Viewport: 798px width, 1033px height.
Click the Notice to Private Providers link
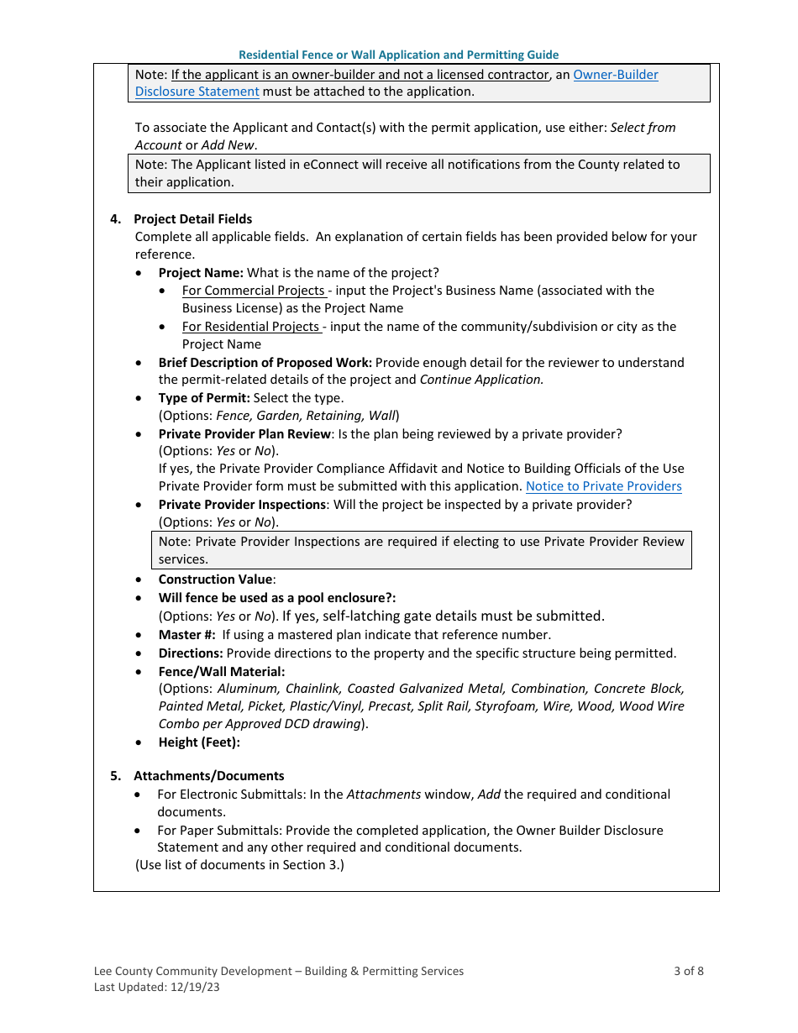tap(603, 486)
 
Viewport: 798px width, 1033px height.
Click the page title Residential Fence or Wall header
tap(398, 55)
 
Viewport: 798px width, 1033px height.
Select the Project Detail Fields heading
tap(192, 219)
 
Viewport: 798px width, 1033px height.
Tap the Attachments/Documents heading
tap(208, 776)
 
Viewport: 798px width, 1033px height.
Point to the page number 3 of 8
tap(688, 971)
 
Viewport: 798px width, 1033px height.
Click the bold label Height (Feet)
tap(199, 742)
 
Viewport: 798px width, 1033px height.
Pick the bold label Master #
tap(186, 635)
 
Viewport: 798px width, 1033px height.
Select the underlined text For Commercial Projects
tap(253, 291)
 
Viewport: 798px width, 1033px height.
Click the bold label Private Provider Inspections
tap(242, 505)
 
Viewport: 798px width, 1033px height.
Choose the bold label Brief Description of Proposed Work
tap(265, 363)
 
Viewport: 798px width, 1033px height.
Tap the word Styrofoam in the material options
tap(502, 706)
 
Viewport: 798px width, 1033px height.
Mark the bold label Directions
tap(191, 653)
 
